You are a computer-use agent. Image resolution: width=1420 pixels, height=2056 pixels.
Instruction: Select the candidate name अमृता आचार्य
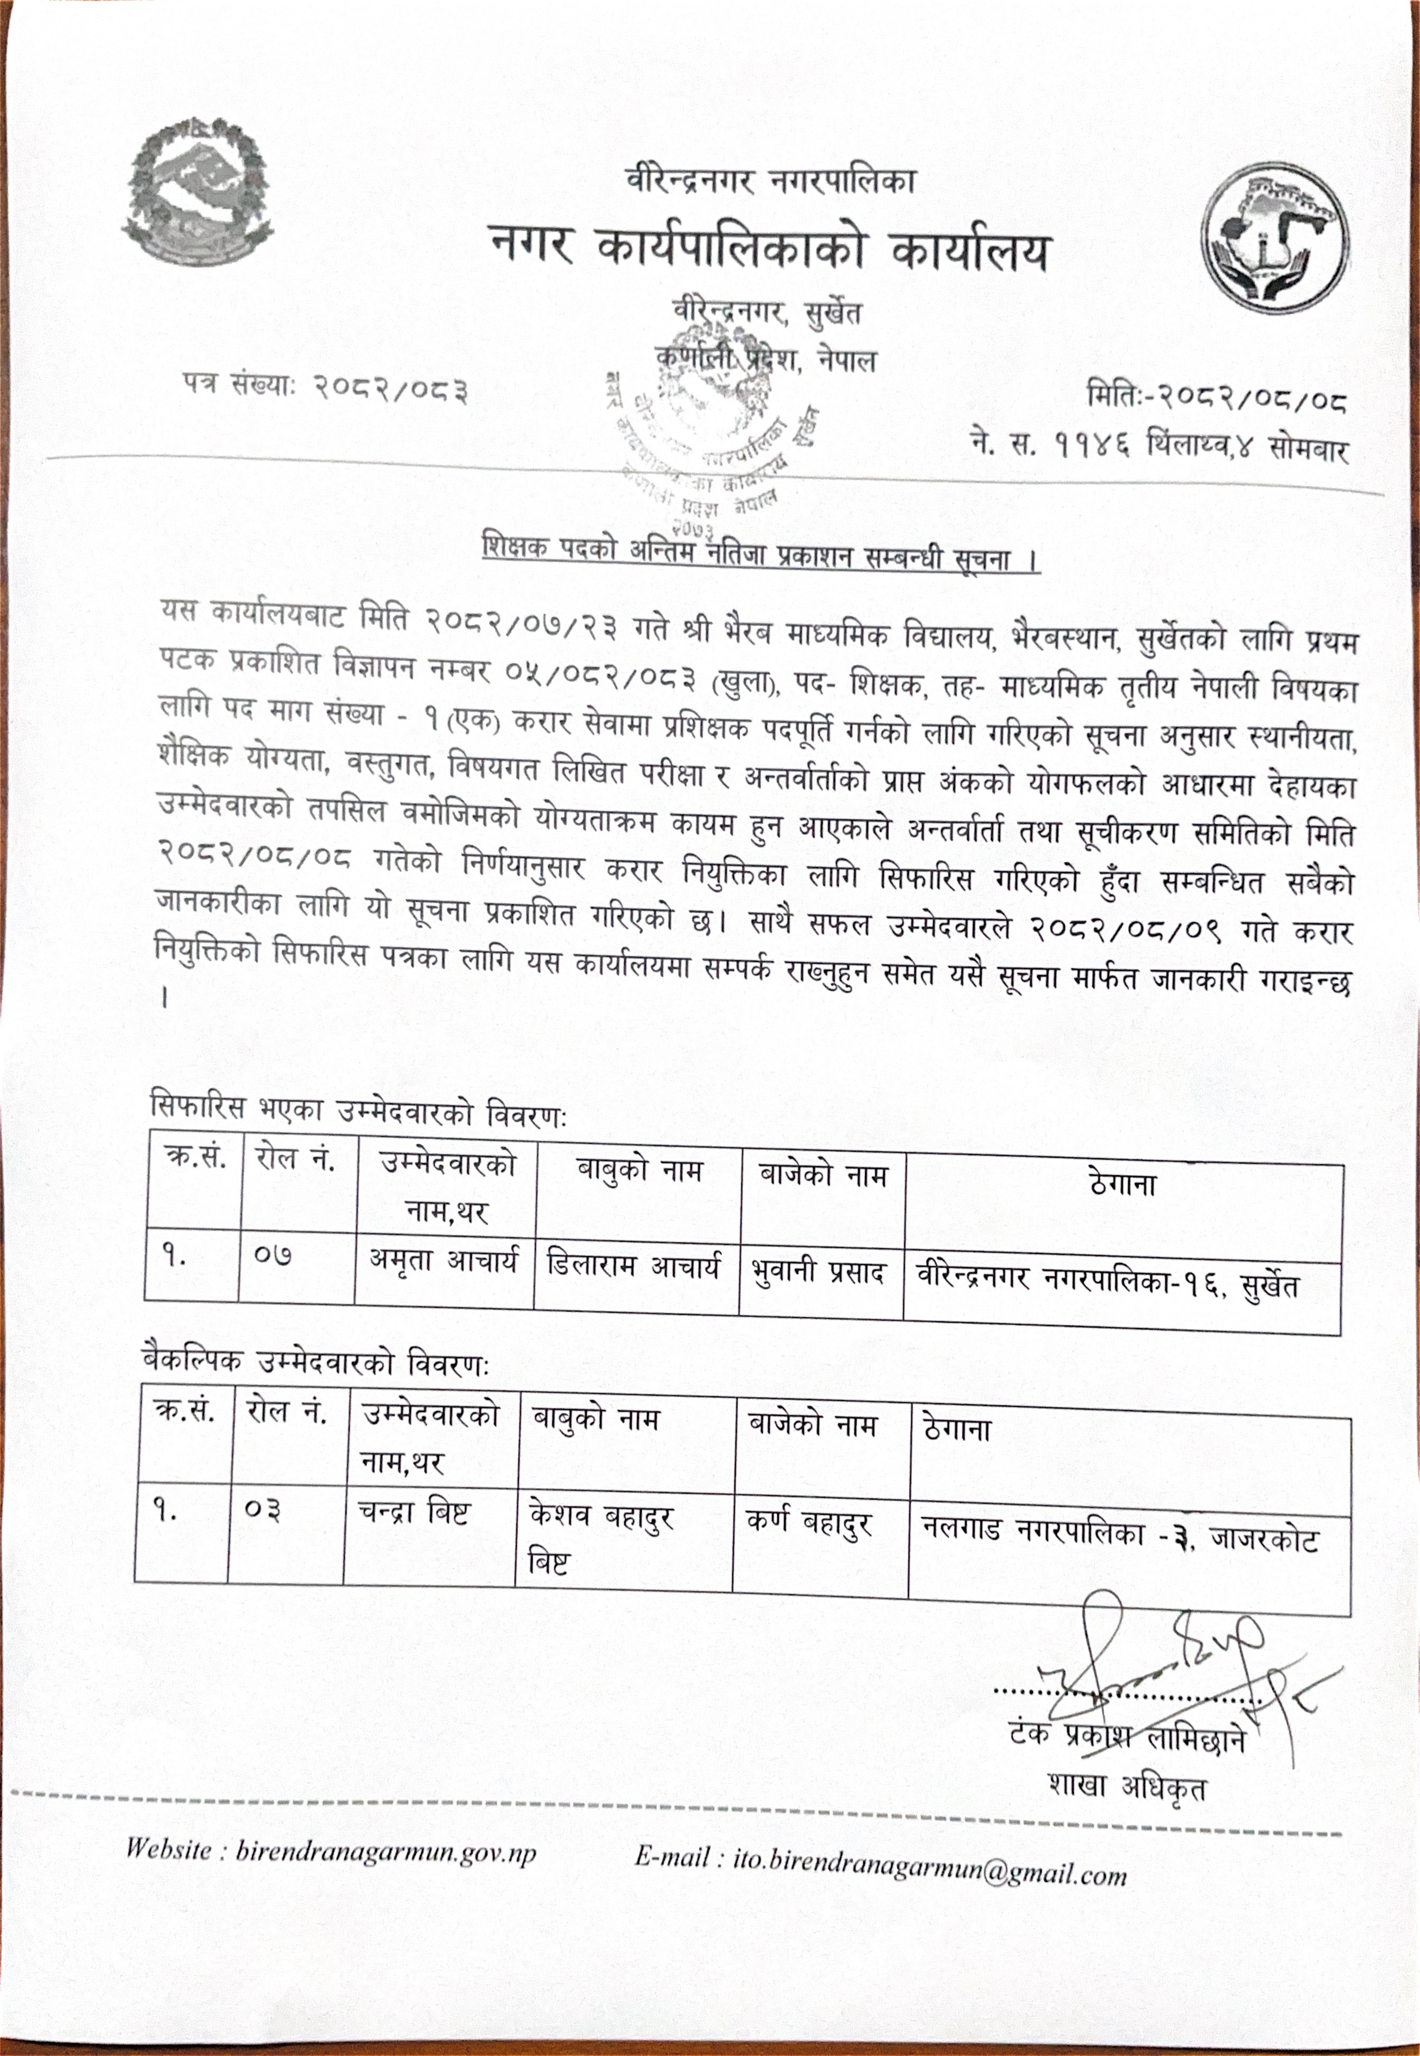click(443, 1261)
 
